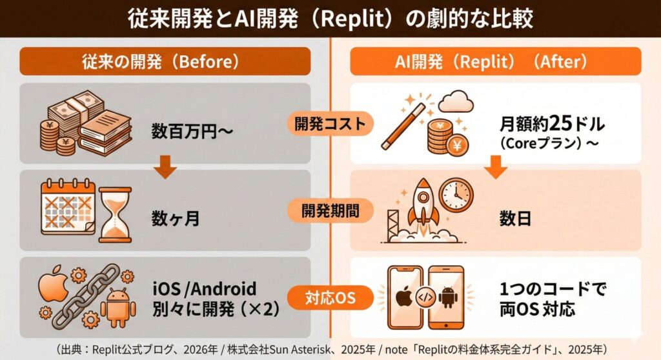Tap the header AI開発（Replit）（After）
tap(495, 61)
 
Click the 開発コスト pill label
tap(330, 122)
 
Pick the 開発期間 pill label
tap(330, 210)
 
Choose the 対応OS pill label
tap(330, 298)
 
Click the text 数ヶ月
tap(175, 218)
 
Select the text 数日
tap(515, 218)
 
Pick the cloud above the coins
tap(455, 101)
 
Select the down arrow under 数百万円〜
tap(167, 170)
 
